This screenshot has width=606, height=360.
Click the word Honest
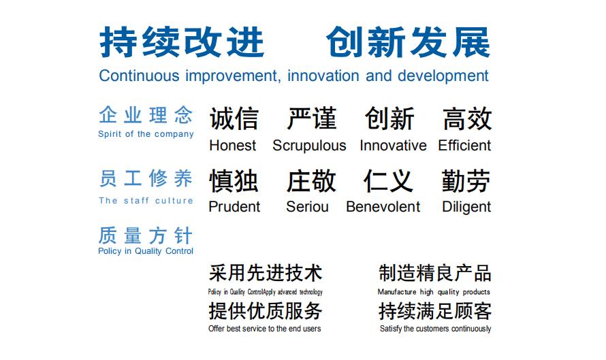click(x=233, y=146)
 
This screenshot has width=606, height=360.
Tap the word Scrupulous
click(x=309, y=146)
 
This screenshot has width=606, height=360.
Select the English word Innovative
click(x=393, y=146)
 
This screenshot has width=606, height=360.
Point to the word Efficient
click(x=464, y=146)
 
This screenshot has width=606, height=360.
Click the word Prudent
click(x=234, y=207)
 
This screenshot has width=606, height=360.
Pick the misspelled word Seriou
click(x=307, y=207)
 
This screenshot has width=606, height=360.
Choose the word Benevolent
click(x=383, y=207)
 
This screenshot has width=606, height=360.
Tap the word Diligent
click(x=466, y=207)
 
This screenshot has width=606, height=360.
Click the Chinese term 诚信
click(x=234, y=118)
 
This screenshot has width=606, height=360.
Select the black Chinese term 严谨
click(x=311, y=118)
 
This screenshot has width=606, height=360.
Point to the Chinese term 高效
click(x=467, y=118)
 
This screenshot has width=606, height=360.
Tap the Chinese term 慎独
click(x=234, y=181)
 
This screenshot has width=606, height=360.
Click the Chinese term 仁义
click(x=388, y=181)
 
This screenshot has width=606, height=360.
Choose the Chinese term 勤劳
click(x=466, y=181)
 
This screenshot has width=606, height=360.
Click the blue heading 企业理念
click(x=146, y=115)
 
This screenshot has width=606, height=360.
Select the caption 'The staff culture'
click(x=146, y=201)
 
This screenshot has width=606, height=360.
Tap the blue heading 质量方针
click(x=145, y=235)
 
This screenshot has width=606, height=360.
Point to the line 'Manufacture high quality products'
click(x=434, y=292)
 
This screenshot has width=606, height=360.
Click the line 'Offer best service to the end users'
click(x=264, y=329)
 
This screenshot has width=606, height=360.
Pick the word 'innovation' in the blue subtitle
click(x=323, y=76)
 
